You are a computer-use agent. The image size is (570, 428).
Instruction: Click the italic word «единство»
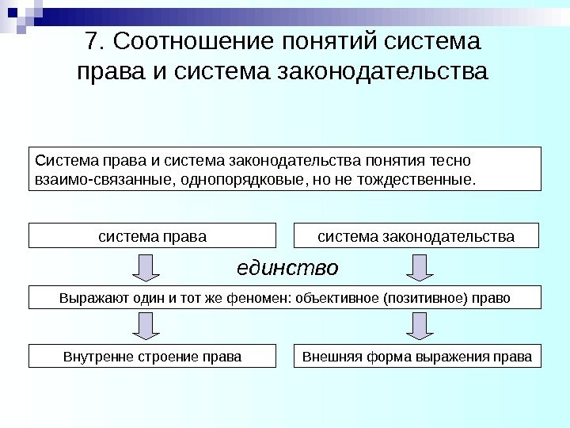[287, 268]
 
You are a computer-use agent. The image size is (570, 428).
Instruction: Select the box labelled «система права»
[153, 236]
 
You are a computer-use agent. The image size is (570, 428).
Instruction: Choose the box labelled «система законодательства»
[416, 236]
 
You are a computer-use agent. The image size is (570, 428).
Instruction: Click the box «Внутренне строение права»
[153, 356]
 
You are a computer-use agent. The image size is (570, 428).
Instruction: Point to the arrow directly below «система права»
[146, 267]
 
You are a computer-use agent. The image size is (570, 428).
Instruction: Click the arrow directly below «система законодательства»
[419, 267]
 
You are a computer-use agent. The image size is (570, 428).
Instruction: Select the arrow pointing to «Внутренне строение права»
[146, 325]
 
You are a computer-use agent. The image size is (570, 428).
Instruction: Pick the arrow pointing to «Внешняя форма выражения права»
[419, 325]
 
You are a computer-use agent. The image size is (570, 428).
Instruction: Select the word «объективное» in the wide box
[346, 298]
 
